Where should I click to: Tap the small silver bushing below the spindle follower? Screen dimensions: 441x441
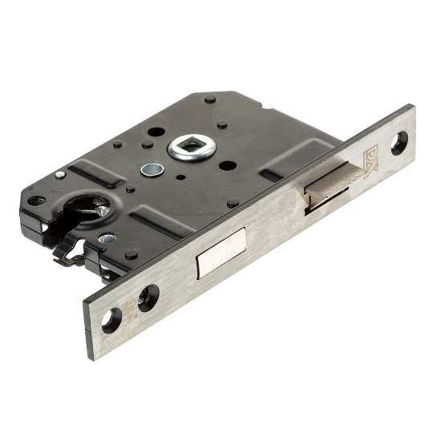[149, 170]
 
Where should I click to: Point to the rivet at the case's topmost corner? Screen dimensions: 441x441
[209, 99]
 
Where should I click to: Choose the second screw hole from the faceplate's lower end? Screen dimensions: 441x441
[148, 298]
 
